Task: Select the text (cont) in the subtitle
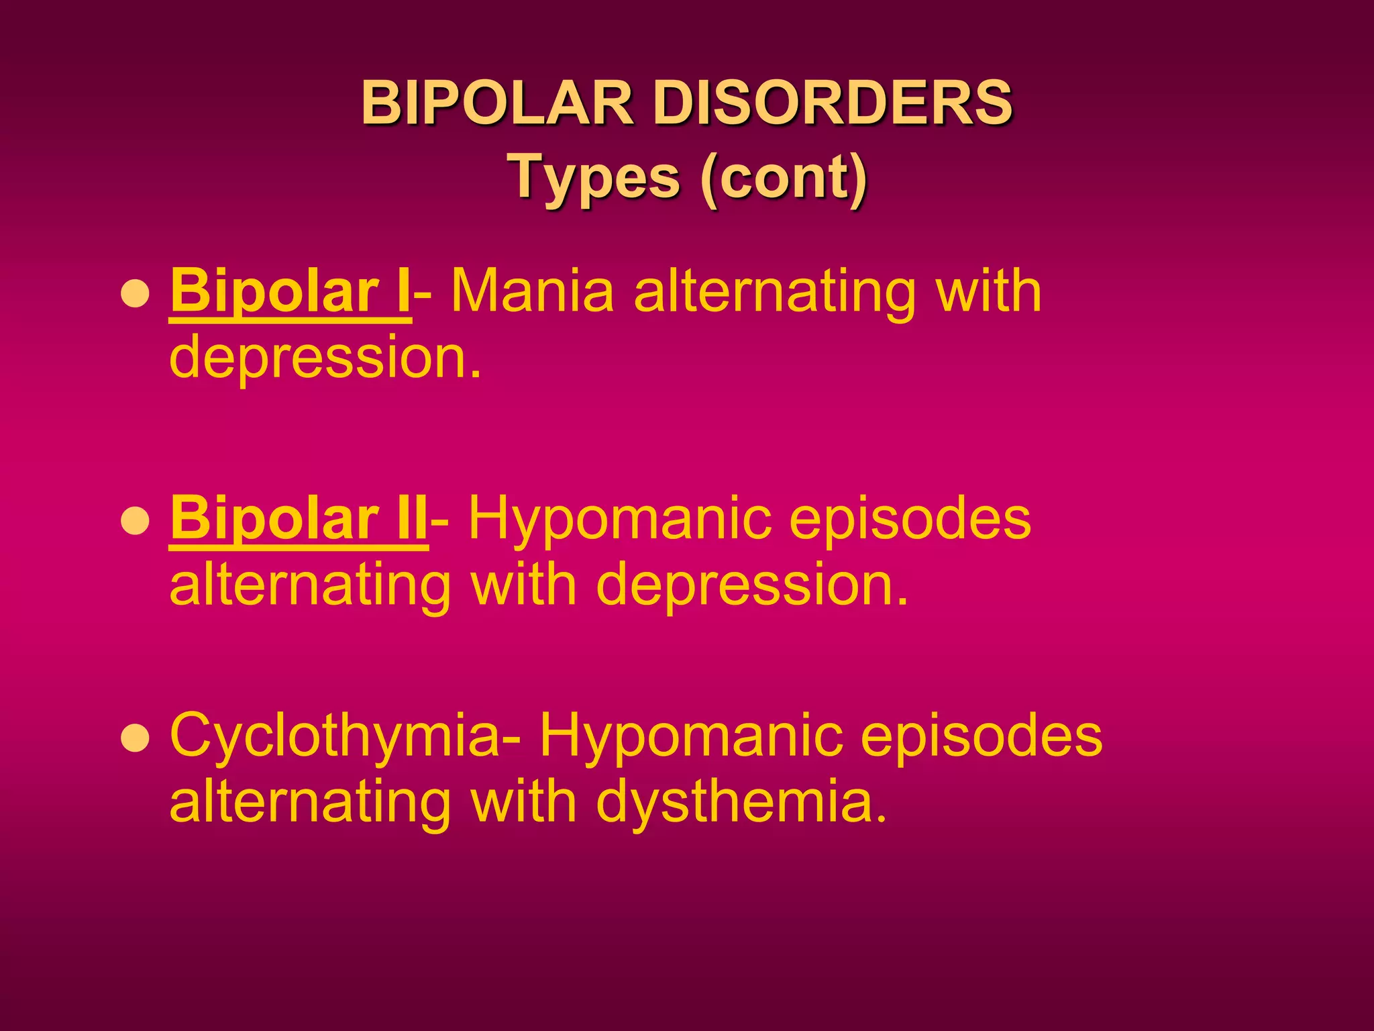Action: pyautogui.click(x=783, y=177)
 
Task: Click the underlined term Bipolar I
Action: pyautogui.click(x=290, y=291)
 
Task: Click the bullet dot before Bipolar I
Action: pyautogui.click(x=136, y=294)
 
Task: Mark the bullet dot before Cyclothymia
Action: pyautogui.click(x=136, y=739)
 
